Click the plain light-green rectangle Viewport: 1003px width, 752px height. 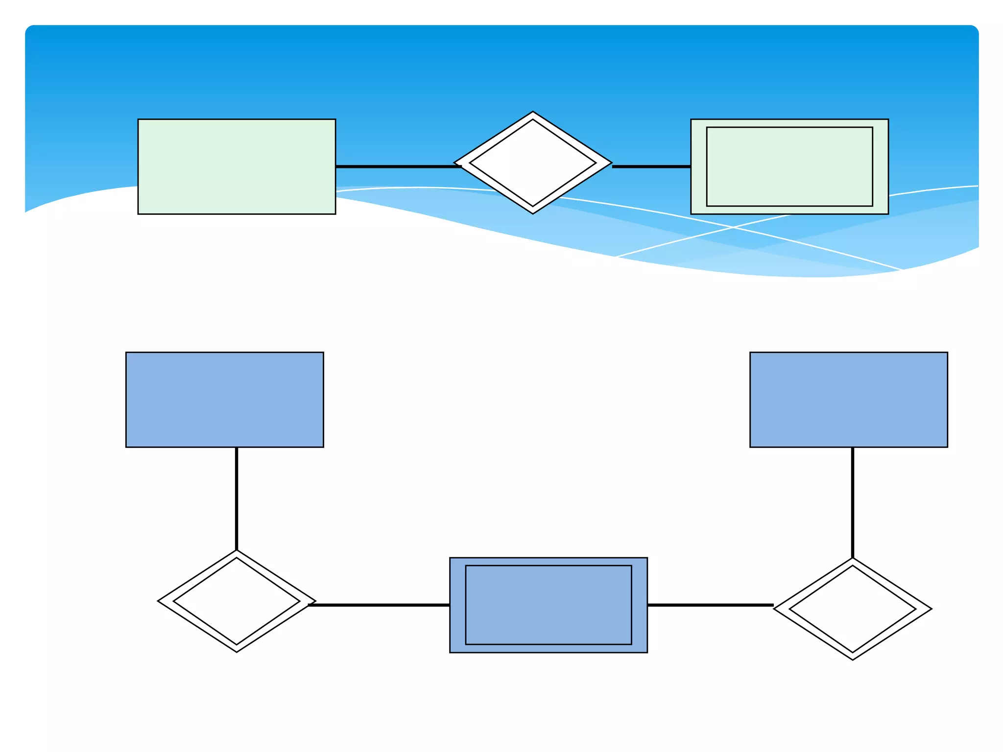tap(237, 166)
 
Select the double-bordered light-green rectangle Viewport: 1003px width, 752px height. tap(789, 166)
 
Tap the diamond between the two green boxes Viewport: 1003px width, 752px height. tap(533, 163)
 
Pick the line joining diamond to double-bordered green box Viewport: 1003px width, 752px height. tap(651, 166)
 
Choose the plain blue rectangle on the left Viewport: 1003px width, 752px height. tap(225, 399)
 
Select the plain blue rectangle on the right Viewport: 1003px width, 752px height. tap(849, 399)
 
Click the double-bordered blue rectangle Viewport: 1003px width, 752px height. tap(549, 605)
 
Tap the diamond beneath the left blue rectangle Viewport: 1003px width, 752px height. tap(237, 601)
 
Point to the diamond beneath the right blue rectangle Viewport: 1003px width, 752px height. tap(853, 609)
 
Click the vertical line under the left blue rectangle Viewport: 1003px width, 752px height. tap(237, 498)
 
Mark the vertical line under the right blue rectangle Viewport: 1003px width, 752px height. tap(853, 502)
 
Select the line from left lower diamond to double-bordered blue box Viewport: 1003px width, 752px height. tap(379, 605)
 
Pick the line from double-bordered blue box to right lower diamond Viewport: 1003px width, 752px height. tap(710, 605)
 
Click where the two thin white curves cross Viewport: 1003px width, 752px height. tap(733, 227)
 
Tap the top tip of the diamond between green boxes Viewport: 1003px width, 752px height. tap(533, 112)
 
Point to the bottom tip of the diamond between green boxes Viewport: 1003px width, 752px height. tap(533, 213)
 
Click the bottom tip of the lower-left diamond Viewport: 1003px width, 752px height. tap(237, 652)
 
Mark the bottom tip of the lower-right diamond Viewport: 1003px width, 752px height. tap(853, 659)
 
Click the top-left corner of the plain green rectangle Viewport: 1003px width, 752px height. tap(139, 119)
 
